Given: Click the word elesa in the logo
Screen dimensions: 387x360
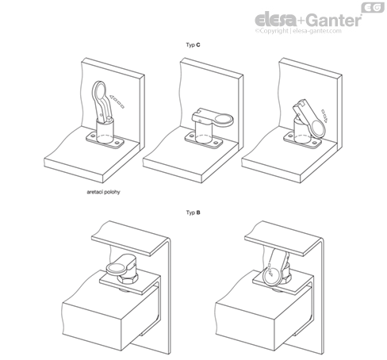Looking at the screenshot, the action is [x=275, y=20].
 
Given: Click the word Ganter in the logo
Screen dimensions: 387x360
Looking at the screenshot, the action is [x=334, y=20].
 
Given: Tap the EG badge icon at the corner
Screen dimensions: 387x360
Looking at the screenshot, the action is [x=373, y=7].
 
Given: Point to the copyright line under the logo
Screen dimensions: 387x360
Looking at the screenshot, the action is [x=298, y=31].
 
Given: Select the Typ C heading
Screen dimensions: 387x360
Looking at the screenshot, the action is [x=193, y=45].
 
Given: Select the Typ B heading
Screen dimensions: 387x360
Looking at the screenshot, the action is [x=193, y=213].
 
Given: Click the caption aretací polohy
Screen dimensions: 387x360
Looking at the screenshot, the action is [x=103, y=192].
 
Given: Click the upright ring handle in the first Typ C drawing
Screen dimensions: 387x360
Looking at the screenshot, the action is [x=102, y=101].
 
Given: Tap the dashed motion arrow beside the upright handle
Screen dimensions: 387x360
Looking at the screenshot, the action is [x=117, y=101].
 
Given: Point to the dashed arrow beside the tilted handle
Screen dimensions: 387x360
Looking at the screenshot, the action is [x=324, y=116].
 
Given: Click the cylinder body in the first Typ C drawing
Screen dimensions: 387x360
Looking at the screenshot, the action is [x=105, y=130].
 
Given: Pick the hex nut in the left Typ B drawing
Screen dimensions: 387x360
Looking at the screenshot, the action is [x=128, y=279].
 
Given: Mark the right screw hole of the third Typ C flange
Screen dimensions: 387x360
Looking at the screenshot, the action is [x=315, y=143].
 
